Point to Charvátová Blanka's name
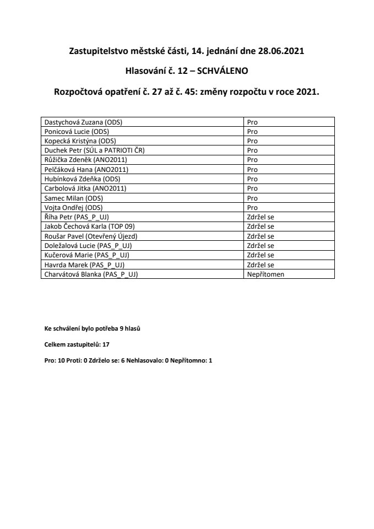point(91,274)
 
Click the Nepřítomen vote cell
point(265,274)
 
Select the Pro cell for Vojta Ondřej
point(253,207)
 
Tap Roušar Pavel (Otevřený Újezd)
point(90,236)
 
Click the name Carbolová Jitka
point(85,188)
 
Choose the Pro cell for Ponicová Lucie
point(253,131)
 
